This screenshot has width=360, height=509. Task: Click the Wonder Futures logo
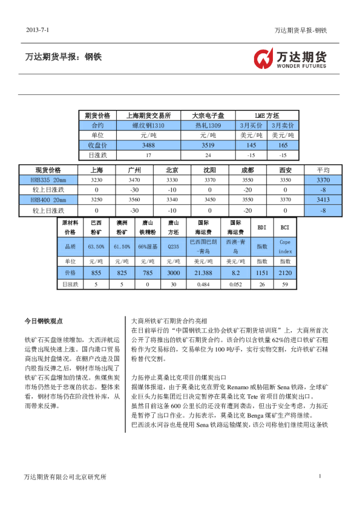point(289,59)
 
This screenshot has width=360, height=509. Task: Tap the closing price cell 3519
point(208,145)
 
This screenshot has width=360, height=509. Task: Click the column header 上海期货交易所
point(148,115)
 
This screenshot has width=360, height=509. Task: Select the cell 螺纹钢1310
point(148,125)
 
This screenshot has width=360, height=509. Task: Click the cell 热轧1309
point(208,125)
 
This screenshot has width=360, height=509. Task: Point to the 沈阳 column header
point(210,170)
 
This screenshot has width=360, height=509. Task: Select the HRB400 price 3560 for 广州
point(134,199)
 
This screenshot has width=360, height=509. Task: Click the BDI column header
point(261,228)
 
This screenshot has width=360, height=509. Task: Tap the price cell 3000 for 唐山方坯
point(174,273)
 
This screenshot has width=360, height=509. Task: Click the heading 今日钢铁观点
point(44,321)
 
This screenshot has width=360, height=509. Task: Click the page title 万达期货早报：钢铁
point(63,57)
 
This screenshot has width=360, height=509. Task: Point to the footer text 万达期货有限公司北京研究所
point(65,477)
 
